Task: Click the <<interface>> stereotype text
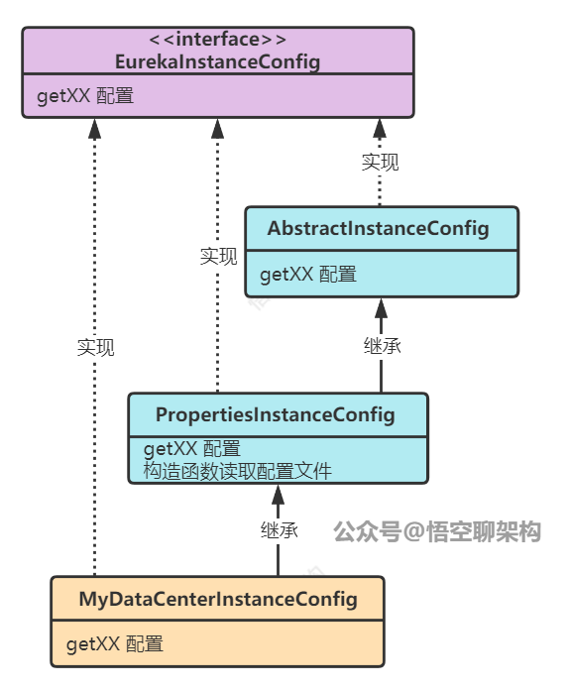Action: (x=217, y=41)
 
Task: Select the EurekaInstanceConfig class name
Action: (x=217, y=62)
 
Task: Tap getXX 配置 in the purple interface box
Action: (x=85, y=97)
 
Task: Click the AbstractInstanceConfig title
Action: (x=378, y=229)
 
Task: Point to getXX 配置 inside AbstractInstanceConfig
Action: (x=308, y=274)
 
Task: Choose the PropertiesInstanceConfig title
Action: (x=275, y=414)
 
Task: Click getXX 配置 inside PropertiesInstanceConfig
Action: (x=192, y=449)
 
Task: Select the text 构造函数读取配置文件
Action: (x=237, y=470)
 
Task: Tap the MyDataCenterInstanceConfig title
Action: (x=217, y=600)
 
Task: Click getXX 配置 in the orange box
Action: (x=115, y=644)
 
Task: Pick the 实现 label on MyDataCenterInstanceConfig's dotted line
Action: (x=95, y=347)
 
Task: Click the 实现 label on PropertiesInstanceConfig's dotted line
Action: (x=218, y=257)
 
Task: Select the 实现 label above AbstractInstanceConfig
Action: (x=380, y=163)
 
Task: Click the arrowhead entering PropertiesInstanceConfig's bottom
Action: (x=279, y=493)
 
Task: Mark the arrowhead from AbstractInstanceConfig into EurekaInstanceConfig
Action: (x=380, y=128)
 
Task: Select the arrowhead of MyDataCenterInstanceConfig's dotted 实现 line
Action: (x=95, y=128)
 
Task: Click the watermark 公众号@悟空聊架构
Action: (x=436, y=531)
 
